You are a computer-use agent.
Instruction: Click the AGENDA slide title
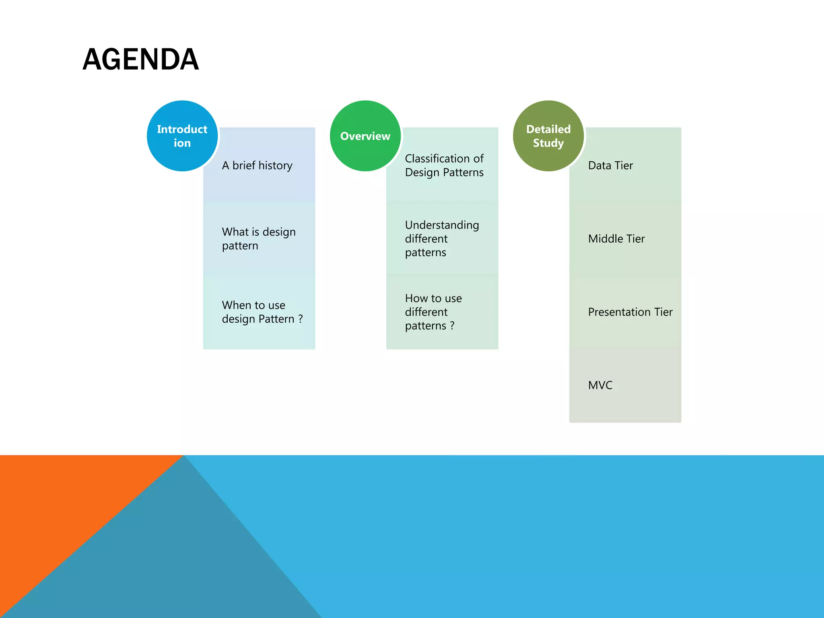[140, 60]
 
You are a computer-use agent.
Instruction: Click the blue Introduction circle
[182, 136]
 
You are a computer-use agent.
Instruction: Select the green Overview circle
[365, 136]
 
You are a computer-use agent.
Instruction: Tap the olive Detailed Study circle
[548, 136]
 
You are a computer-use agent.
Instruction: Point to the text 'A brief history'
[257, 165]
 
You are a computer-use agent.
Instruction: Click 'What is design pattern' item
[259, 239]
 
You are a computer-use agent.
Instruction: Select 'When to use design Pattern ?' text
[262, 312]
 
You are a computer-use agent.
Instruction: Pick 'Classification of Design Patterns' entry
[444, 165]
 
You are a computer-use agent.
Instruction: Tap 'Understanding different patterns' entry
[442, 239]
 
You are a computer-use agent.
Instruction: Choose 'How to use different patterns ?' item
[433, 312]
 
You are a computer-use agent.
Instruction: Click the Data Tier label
[610, 165]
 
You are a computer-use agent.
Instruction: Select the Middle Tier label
[616, 239]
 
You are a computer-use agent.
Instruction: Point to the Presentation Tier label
[630, 312]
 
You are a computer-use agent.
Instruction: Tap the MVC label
[600, 385]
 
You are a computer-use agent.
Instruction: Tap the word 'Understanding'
[442, 225]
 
